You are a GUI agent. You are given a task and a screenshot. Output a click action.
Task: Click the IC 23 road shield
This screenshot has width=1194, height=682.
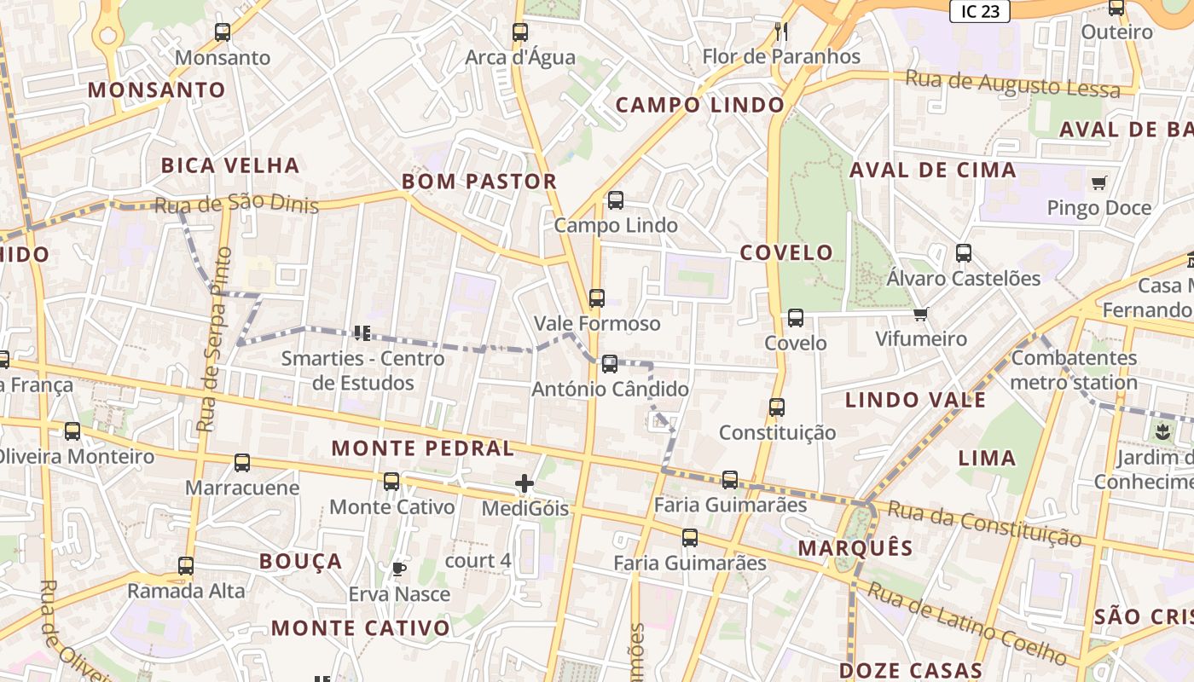pos(980,11)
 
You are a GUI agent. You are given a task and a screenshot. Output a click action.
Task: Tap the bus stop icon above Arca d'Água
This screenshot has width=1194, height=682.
pos(520,32)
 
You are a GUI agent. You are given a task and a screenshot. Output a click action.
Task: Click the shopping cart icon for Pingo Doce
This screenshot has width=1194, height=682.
pos(1099,182)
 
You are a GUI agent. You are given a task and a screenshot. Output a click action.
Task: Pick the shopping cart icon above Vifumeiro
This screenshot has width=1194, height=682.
pos(920,315)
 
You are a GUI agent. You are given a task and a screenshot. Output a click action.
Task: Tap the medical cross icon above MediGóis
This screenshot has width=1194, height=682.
pos(525,484)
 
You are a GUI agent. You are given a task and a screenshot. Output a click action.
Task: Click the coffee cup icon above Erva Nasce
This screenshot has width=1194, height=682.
pos(398,569)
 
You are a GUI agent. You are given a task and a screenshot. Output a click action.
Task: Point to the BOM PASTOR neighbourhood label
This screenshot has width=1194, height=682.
pos(479,182)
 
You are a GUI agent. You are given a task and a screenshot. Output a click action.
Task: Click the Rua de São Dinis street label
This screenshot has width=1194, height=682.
pos(236,205)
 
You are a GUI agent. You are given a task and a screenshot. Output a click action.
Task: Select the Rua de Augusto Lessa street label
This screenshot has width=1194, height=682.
pos(1012,84)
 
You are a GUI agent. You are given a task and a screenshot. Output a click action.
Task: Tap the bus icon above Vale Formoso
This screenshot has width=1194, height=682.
pos(597,298)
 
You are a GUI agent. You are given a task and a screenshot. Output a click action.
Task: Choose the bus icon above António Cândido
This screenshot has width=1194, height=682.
pos(610,364)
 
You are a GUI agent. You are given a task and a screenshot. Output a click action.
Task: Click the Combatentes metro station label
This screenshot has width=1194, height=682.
pos(1074,369)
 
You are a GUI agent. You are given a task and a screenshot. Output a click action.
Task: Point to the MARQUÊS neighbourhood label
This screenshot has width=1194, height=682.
pos(855,548)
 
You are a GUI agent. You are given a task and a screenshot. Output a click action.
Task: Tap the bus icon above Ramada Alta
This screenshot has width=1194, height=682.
pos(186,565)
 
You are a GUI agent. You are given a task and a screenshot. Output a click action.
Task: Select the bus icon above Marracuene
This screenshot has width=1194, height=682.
pos(242,463)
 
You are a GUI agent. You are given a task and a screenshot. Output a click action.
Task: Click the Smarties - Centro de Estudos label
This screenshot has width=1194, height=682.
pos(363,370)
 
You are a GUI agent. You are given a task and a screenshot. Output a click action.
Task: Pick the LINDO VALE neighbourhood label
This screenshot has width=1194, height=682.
pos(915,400)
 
